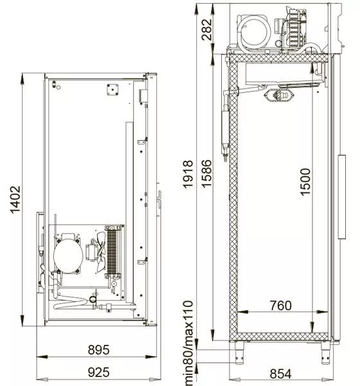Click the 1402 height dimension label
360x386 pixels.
point(15,199)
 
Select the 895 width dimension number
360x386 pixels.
point(98,350)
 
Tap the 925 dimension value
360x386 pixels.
point(98,372)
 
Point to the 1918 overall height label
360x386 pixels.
point(188,174)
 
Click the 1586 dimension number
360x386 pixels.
point(206,174)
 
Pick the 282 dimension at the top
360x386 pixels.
point(206,30)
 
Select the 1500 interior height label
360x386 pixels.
point(305,182)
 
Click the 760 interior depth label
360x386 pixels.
point(281,306)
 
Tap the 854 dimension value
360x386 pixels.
point(280,374)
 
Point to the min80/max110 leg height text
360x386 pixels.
point(188,343)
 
